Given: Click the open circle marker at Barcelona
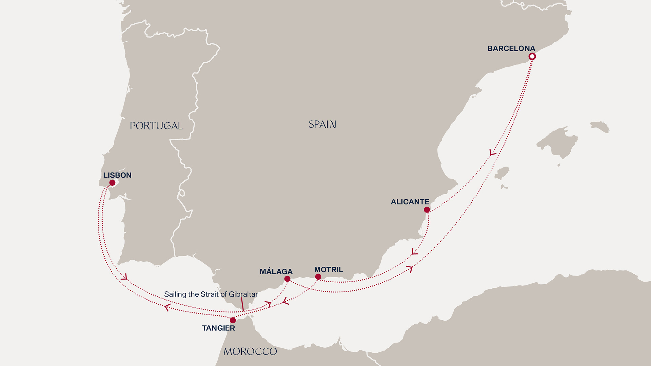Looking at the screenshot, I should (532, 57).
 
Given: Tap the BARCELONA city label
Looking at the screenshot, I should (511, 48).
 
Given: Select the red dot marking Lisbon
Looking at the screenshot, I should (112, 183).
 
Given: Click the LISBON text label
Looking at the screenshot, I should (117, 175).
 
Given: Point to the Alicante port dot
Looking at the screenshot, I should (427, 210).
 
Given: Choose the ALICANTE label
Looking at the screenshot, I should (410, 202).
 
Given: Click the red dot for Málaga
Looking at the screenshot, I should (287, 279).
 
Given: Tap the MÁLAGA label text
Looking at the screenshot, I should (276, 271).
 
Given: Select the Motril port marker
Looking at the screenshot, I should (318, 277).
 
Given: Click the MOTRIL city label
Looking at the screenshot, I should (329, 270).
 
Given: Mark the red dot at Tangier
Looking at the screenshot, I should (233, 320).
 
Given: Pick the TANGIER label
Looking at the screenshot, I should (218, 328).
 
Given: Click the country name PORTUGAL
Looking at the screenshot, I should (156, 126).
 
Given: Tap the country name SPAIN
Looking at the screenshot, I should (322, 124).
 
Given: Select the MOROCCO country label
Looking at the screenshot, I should (250, 351).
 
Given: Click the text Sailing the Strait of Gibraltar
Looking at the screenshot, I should (211, 294).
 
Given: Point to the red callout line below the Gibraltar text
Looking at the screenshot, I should (242, 304).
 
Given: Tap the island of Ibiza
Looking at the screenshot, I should (502, 173).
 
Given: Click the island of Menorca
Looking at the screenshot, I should (599, 126).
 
